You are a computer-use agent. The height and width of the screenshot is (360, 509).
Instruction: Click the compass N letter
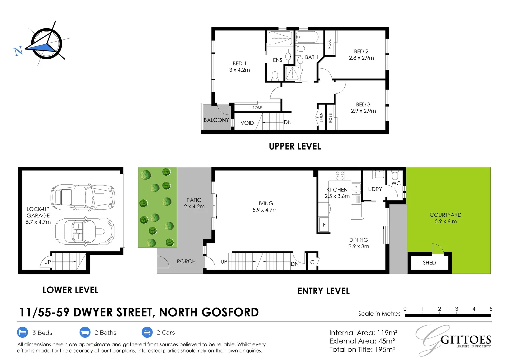pyautogui.click(x=18, y=51)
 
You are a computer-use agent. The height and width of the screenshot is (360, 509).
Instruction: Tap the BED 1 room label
pyautogui.click(x=239, y=63)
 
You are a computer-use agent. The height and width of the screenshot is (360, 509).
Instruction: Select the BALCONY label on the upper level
pyautogui.click(x=216, y=120)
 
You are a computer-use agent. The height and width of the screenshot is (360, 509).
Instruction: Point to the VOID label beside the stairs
pyautogui.click(x=247, y=123)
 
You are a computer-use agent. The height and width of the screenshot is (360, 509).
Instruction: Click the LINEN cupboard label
pyautogui.click(x=321, y=117)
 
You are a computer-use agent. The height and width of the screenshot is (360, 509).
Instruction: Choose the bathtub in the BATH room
pyautogui.click(x=307, y=37)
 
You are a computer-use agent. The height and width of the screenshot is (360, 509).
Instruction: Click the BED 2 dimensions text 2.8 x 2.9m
pyautogui.click(x=361, y=58)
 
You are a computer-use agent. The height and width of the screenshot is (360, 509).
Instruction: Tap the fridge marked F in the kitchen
pyautogui.click(x=324, y=225)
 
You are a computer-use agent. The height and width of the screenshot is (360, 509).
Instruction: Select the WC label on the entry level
pyautogui.click(x=396, y=183)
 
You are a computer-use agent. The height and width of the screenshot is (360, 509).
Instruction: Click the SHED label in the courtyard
pyautogui.click(x=429, y=263)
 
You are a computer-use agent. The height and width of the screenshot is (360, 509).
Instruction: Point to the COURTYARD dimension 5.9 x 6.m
pyautogui.click(x=445, y=221)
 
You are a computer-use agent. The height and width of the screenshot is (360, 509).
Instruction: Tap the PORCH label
pyautogui.click(x=186, y=261)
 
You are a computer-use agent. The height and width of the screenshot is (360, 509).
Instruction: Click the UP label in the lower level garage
pyautogui.click(x=48, y=262)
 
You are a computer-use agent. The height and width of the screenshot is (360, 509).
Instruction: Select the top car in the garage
pyautogui.click(x=82, y=197)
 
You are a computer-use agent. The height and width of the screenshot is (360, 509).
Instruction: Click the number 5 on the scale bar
pyautogui.click(x=491, y=309)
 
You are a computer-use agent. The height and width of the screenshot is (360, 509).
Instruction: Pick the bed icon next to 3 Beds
pyautogui.click(x=22, y=332)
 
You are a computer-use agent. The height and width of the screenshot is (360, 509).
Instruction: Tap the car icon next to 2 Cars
pyautogui.click(x=147, y=332)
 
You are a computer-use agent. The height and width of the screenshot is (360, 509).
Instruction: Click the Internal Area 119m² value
pyautogui.click(x=387, y=333)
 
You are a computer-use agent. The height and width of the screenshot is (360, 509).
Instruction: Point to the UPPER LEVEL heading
pyautogui.click(x=295, y=146)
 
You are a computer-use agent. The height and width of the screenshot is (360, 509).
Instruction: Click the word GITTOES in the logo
pyautogui.click(x=466, y=340)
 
